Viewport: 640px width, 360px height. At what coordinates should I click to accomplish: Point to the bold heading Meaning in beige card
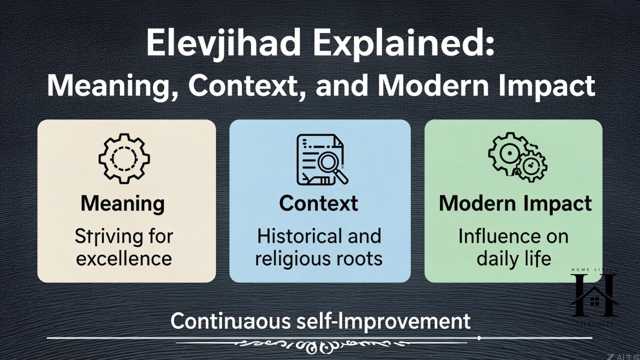tap(122, 203)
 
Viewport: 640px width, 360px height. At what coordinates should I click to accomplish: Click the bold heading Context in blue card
tap(318, 203)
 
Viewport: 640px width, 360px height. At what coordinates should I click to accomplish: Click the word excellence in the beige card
tap(124, 259)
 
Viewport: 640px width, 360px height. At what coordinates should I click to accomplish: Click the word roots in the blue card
tap(358, 259)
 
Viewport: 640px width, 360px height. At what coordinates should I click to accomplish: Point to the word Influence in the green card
tap(494, 236)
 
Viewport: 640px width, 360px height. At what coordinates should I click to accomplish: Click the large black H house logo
tap(594, 295)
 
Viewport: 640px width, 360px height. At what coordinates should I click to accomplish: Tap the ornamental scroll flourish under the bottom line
tap(320, 344)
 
